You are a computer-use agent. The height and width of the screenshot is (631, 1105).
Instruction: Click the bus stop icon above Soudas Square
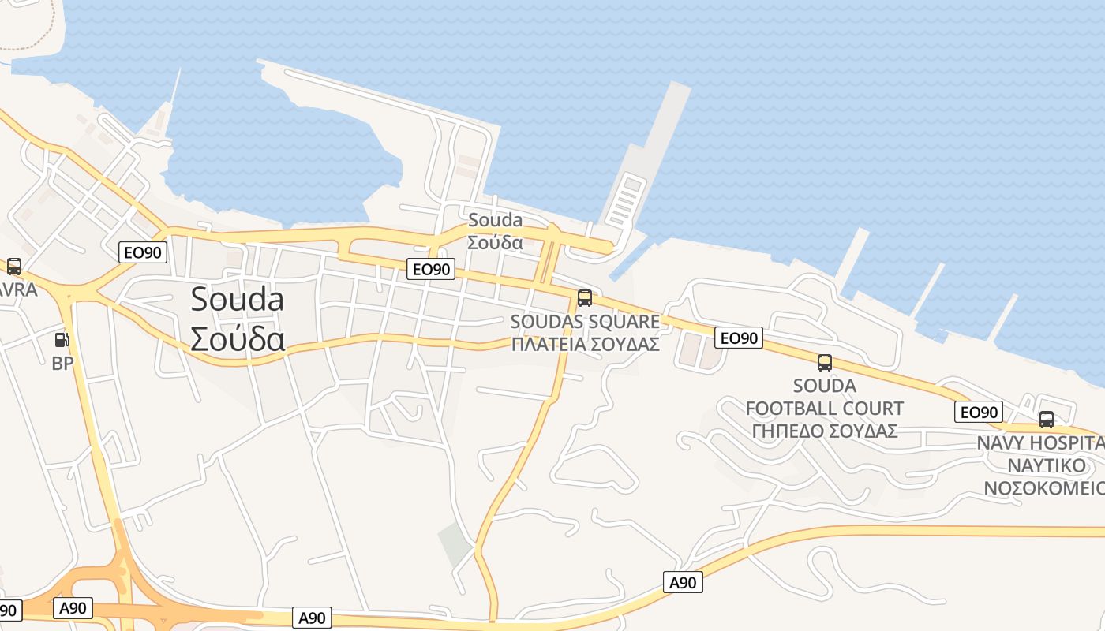(x=584, y=298)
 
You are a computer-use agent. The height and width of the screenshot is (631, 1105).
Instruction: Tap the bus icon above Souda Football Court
(x=824, y=363)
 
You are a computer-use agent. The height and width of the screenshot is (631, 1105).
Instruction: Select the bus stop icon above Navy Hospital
(x=1047, y=420)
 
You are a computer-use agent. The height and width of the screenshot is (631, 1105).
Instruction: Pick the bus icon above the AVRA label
(x=14, y=267)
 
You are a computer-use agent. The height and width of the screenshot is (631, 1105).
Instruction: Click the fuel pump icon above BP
(x=62, y=340)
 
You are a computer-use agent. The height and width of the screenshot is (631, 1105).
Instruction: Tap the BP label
(x=62, y=364)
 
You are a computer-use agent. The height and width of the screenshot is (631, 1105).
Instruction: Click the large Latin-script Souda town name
(x=238, y=300)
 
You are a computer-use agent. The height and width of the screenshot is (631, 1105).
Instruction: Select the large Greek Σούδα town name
(x=238, y=338)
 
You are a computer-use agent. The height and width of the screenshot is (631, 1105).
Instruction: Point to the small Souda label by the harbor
(x=495, y=220)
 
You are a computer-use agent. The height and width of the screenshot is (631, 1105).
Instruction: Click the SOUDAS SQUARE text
(x=585, y=322)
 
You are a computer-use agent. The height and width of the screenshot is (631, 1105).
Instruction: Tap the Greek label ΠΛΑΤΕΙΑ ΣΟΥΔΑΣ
(x=585, y=345)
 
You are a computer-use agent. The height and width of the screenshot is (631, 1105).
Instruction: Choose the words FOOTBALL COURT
(x=824, y=409)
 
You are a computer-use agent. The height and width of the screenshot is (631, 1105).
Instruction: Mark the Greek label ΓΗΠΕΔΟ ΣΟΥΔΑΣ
(x=824, y=431)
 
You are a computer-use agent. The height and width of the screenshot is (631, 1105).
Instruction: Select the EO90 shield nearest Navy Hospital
(x=979, y=412)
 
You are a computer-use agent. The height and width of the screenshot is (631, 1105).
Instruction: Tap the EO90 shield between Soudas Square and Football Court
(x=740, y=338)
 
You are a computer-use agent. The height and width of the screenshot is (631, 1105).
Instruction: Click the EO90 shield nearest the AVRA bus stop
(x=143, y=252)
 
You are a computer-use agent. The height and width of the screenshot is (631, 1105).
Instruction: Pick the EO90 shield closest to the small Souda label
(x=432, y=270)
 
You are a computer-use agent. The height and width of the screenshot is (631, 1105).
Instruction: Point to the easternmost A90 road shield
(x=683, y=583)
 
